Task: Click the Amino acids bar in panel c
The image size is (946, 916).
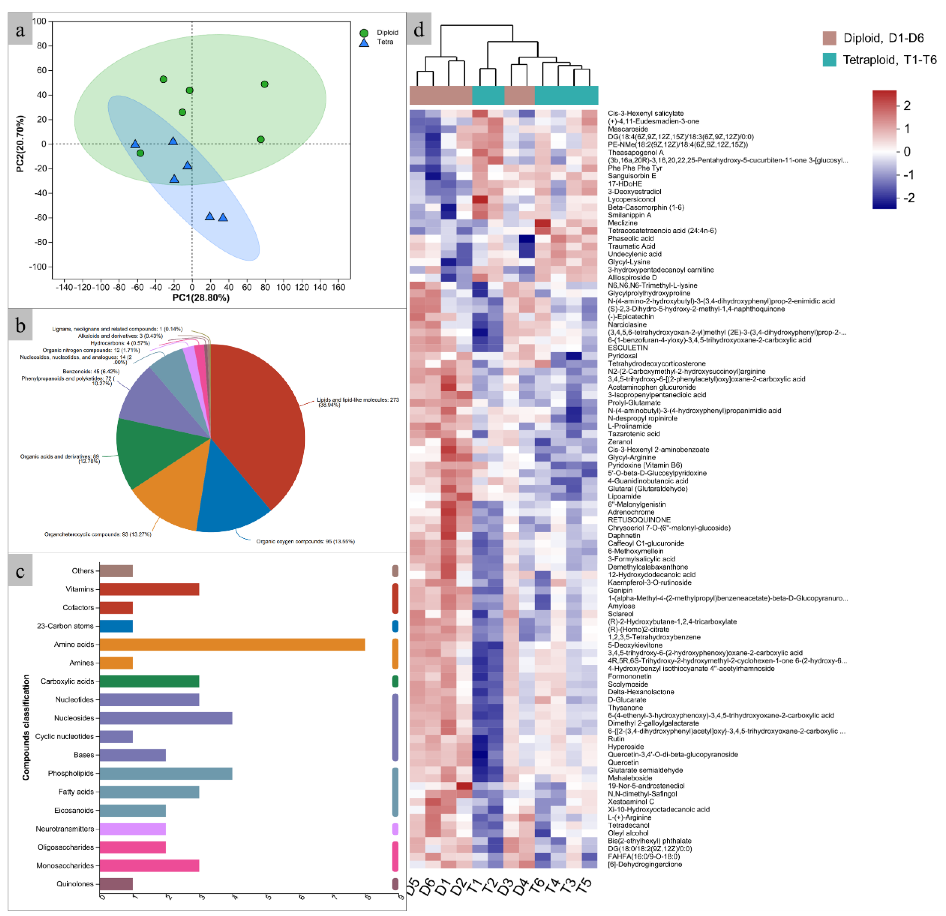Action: click(x=232, y=644)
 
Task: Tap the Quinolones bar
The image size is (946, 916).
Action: click(x=116, y=884)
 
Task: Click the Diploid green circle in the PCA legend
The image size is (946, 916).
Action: click(x=364, y=33)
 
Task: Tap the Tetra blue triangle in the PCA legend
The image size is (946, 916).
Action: click(x=364, y=42)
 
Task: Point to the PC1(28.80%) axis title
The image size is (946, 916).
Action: click(x=201, y=298)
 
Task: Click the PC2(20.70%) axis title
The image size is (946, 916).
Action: click(x=20, y=144)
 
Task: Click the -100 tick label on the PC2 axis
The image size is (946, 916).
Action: click(x=39, y=267)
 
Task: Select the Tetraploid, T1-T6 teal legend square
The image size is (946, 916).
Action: click(x=829, y=60)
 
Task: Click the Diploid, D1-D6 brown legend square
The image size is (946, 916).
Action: click(x=829, y=38)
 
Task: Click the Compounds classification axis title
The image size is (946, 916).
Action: click(x=26, y=727)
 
